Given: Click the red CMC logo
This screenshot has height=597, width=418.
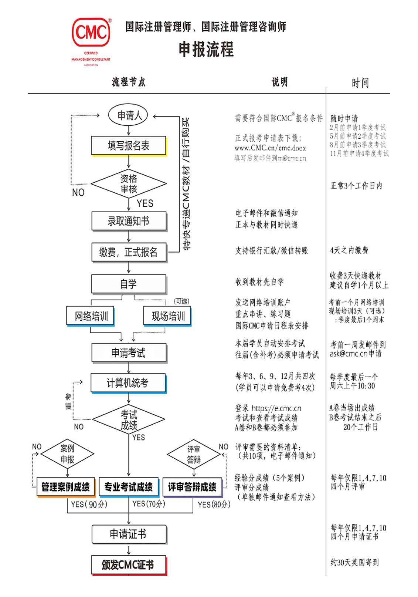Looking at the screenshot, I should coord(91,33).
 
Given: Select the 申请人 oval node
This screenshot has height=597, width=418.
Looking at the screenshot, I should coord(128,115).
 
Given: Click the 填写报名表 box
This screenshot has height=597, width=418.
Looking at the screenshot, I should coord(129,146).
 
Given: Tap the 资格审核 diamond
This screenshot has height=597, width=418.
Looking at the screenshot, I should coord(129,183).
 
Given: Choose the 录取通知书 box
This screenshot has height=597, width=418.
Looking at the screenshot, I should coord(129,221).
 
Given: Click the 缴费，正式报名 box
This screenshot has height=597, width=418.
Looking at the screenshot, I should coord(129,252).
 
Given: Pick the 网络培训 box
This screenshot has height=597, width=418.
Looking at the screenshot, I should coord(91,316).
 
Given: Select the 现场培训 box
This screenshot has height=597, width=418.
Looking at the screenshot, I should coord(167,316).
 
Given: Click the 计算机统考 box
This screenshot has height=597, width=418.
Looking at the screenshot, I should coord(128,383).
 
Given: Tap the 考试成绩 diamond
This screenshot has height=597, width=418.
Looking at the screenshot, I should coord(129,419).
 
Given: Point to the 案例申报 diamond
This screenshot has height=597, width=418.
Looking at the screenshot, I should coord(67,453).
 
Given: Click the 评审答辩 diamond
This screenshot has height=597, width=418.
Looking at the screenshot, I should coord(194,454).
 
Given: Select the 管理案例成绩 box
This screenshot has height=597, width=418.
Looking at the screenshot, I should coord(66,487).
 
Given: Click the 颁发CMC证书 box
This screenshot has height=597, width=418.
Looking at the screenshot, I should coord(129,565).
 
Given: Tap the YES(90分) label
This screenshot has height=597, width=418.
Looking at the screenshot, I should coord(89,504).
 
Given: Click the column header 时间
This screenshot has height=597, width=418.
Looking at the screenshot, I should coord(360,83).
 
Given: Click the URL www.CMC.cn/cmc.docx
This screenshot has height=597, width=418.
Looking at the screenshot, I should coord(270,148).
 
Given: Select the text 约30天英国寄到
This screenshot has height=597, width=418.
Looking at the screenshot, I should coord(354,563).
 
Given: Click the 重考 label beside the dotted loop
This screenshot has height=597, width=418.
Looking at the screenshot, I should coord(68,401).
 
